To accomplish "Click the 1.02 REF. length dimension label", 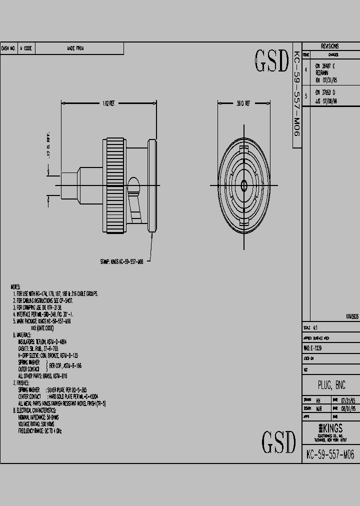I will tap(108, 103).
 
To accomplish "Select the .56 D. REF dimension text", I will tap(243, 103).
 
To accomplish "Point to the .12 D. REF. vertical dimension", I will tap(48, 145).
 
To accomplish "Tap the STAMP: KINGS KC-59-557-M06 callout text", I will tap(122, 261).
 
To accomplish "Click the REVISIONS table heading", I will tap(330, 45).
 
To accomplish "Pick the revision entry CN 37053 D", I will tap(325, 92).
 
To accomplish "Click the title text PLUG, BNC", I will tap(331, 385).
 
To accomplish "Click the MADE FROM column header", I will tap(75, 48).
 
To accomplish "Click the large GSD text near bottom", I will tap(278, 441).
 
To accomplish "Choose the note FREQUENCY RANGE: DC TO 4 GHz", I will tap(40, 430).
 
